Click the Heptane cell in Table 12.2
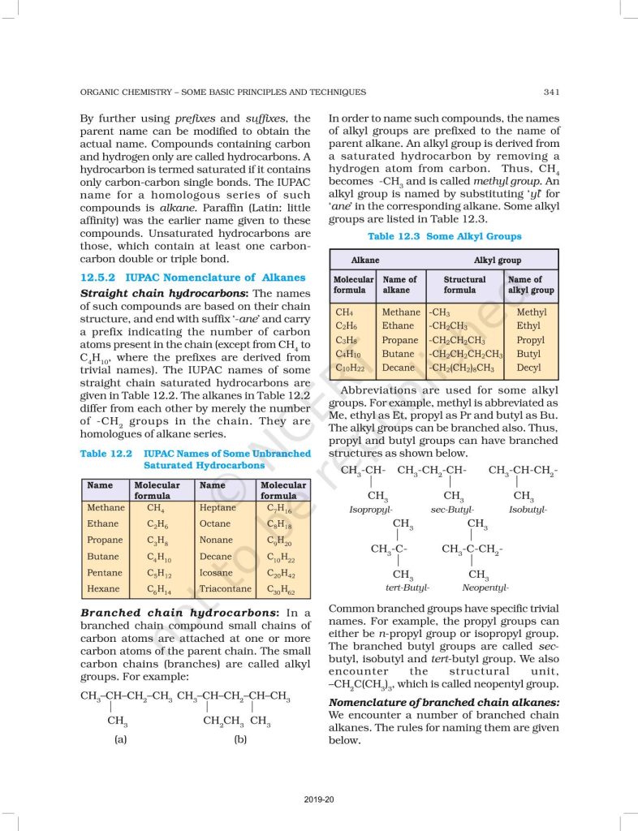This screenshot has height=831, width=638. point(218,508)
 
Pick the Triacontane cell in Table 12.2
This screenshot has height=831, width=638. point(225,589)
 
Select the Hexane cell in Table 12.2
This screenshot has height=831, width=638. point(103,589)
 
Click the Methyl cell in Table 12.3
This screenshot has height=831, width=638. point(531,312)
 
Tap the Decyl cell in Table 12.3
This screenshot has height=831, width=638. point(528,368)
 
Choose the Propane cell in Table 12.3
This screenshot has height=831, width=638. point(401,340)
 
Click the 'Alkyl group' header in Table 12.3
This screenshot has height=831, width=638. point(498,260)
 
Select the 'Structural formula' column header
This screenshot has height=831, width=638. point(464,284)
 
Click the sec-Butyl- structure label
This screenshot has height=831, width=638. point(451,510)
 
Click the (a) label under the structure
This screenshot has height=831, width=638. point(120,740)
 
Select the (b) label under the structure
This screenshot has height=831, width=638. point(240,740)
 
